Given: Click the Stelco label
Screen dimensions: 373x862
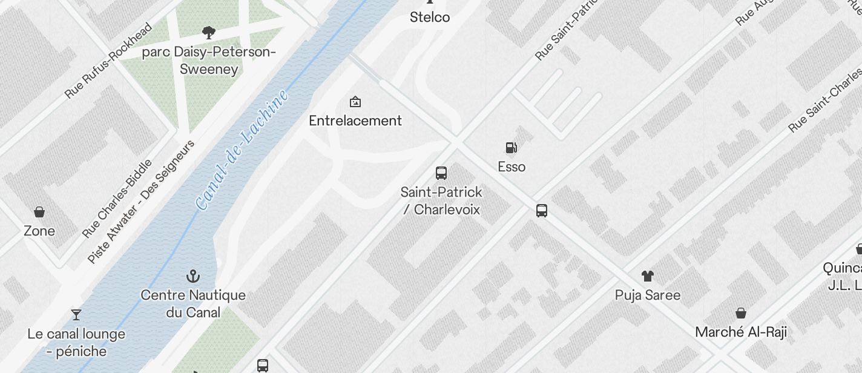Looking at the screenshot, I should [430, 17].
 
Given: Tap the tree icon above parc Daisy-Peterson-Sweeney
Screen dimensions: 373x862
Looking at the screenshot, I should [209, 33].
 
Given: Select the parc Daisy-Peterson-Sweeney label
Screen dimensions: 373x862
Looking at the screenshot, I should [209, 61].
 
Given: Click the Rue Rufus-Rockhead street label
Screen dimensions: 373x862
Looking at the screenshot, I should [109, 60].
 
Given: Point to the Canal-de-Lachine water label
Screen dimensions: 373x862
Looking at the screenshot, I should [242, 150].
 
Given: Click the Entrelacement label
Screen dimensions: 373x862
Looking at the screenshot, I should [355, 120].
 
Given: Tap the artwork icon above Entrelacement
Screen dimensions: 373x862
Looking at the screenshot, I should [355, 101].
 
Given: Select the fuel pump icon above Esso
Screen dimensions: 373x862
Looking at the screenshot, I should [512, 147].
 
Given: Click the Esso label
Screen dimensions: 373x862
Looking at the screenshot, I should [512, 167].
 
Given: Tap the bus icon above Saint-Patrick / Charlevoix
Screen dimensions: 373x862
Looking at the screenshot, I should [441, 173].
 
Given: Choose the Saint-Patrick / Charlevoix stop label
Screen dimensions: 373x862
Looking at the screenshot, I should [441, 200].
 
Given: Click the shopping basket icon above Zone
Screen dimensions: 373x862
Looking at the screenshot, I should [39, 211].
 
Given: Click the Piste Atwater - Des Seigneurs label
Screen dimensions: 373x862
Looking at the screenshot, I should [141, 202].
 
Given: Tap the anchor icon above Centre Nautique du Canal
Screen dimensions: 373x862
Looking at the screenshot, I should [192, 277].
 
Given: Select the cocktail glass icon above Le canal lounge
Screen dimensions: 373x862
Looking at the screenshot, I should [76, 314].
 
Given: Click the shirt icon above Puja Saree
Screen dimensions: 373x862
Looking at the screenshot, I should [648, 276].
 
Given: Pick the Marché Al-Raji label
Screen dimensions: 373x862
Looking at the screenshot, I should [740, 332].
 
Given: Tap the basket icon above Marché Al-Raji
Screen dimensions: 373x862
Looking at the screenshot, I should [740, 312].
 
